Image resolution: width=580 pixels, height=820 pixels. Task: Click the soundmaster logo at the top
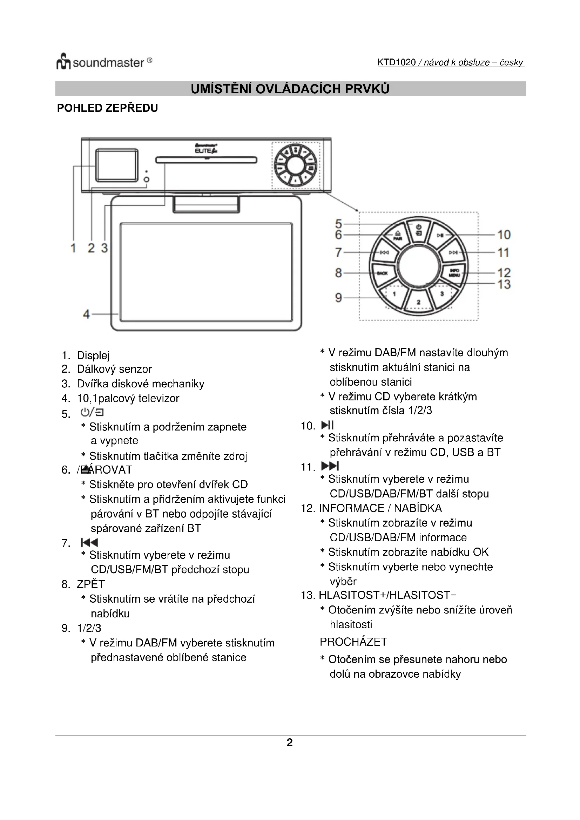click(x=104, y=62)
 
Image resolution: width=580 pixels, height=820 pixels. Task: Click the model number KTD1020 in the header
click(x=397, y=62)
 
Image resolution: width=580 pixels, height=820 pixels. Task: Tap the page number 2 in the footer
click(x=290, y=743)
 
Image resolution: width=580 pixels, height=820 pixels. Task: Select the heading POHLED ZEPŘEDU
click(x=108, y=108)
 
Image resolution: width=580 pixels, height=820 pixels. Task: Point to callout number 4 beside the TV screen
click(x=86, y=314)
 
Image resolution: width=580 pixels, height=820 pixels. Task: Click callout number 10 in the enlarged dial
click(x=504, y=235)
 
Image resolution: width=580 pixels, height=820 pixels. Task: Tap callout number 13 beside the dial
click(x=504, y=284)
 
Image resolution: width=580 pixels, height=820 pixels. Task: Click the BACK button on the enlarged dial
click(x=383, y=273)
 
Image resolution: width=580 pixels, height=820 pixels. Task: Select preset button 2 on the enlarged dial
click(x=419, y=302)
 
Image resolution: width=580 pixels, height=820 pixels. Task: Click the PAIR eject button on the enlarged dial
click(x=398, y=235)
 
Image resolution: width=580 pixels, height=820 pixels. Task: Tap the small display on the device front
click(x=116, y=165)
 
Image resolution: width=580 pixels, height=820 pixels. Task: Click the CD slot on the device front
click(x=207, y=160)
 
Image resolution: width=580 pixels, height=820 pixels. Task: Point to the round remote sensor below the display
click(x=147, y=179)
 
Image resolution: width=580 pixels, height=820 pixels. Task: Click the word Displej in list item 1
click(x=93, y=355)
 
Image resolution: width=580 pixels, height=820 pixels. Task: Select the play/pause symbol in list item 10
click(x=328, y=425)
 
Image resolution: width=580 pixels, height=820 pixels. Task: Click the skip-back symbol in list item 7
click(x=89, y=543)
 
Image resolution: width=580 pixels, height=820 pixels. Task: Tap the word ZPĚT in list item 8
click(x=91, y=584)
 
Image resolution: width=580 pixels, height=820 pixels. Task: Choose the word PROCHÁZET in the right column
click(x=353, y=642)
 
